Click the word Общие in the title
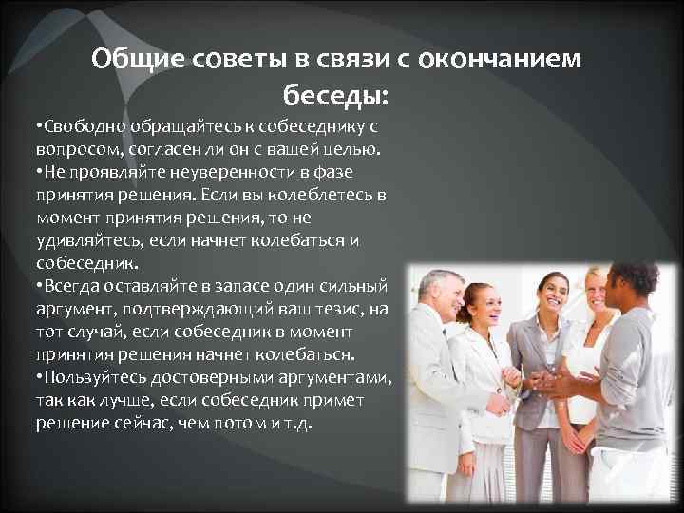click(137, 60)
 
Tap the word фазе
click(351, 172)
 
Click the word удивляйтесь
click(78, 240)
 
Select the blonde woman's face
click(597, 291)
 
